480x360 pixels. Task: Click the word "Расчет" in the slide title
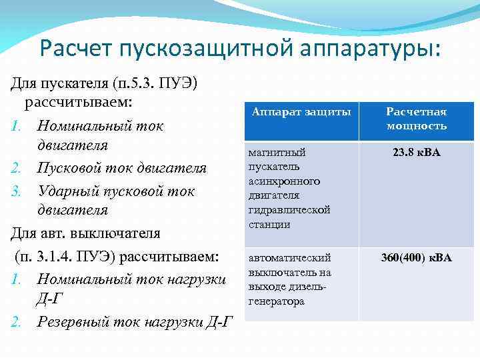tap(76, 49)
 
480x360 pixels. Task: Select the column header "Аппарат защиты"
tap(301, 112)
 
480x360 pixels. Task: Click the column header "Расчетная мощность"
tap(417, 119)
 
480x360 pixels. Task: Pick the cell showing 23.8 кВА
tap(417, 153)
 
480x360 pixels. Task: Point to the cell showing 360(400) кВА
tap(417, 257)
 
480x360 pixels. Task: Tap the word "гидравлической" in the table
tap(289, 210)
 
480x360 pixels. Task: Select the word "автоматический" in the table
tap(289, 257)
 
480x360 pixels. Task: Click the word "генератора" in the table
tap(276, 301)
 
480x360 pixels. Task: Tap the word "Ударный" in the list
tap(67, 191)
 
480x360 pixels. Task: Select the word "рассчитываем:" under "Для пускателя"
tap(79, 103)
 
